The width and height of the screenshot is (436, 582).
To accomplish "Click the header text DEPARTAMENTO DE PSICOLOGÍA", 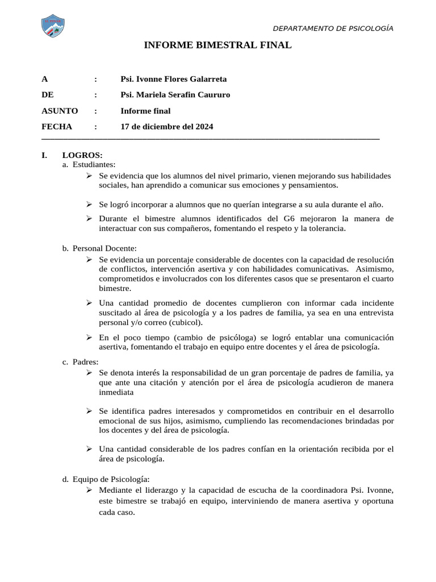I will click(333, 29).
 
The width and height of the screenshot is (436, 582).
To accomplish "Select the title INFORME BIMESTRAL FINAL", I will click(218, 45).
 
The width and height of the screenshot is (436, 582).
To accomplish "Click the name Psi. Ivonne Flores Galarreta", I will click(174, 79).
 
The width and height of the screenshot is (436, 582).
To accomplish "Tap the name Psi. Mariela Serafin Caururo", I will click(175, 95).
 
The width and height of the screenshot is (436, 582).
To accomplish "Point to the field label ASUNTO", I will click(60, 111).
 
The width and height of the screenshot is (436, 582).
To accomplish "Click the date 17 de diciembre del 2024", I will click(167, 127).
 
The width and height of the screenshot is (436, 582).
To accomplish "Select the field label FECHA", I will click(57, 127).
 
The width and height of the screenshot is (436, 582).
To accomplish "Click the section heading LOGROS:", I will click(82, 155).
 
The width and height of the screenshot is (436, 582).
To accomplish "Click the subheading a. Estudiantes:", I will click(89, 164).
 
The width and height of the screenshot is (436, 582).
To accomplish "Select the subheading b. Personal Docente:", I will click(99, 248).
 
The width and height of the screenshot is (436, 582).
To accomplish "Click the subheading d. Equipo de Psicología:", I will click(106, 480).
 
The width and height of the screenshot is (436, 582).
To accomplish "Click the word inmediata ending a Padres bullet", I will click(116, 392).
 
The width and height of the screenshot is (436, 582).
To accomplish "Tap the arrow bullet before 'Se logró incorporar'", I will click(90, 204).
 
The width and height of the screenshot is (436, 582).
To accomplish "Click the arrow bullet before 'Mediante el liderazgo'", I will click(90, 489).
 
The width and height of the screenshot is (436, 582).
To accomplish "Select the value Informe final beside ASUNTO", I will click(145, 111).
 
